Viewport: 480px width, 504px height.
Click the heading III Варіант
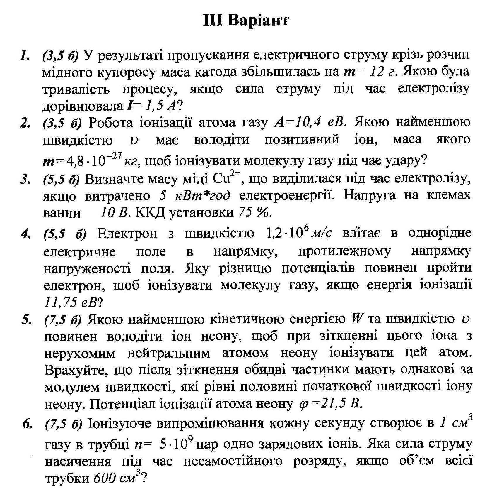(x=246, y=21)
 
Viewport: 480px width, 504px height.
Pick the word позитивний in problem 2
(x=302, y=139)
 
